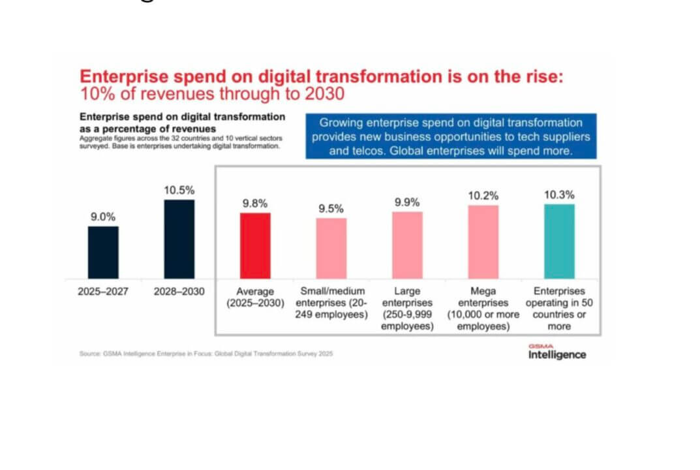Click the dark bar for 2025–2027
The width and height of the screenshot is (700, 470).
(x=103, y=253)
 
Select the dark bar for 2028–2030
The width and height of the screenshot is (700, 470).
(x=179, y=239)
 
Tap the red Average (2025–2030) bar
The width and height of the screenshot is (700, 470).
(x=254, y=245)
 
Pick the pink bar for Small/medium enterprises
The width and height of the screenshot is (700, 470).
(x=331, y=248)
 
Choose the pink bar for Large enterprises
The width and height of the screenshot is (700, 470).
(x=407, y=245)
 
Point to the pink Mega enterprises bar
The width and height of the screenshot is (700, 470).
(x=483, y=242)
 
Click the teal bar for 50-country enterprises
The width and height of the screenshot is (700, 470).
(x=558, y=241)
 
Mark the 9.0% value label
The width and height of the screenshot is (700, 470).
(x=103, y=217)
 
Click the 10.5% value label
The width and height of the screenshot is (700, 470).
(x=179, y=190)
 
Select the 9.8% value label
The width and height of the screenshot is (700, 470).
(x=254, y=203)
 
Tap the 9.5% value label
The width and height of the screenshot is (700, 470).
(x=331, y=208)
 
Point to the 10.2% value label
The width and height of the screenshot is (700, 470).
(x=483, y=195)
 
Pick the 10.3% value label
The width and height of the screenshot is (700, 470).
(x=558, y=195)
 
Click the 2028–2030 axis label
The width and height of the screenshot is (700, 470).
(x=179, y=292)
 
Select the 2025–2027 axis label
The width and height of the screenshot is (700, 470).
(x=103, y=292)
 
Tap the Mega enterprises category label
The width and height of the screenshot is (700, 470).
(x=483, y=308)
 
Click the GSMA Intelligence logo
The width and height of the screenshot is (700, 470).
(x=556, y=352)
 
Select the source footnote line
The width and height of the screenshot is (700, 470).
(x=206, y=354)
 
